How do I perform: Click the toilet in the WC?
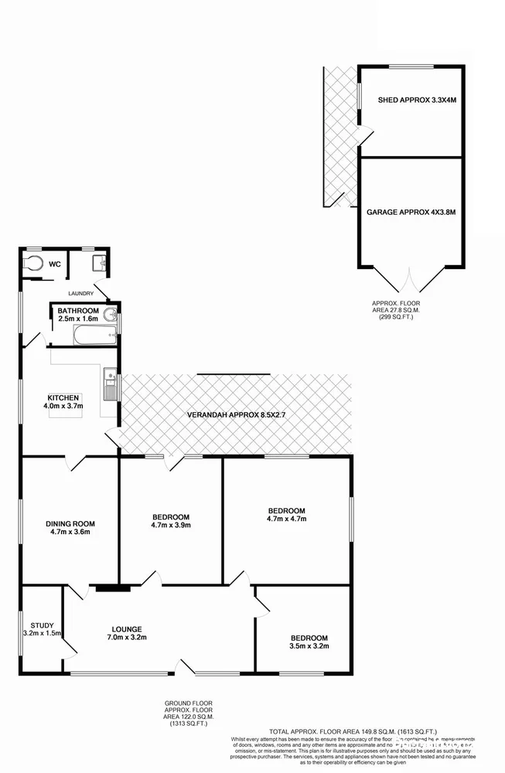point(33,264)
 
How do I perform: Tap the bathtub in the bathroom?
point(94,335)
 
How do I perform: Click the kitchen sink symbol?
point(111,384)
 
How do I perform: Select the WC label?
point(55,264)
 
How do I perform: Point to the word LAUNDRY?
point(81,294)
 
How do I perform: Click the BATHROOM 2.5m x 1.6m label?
point(78,315)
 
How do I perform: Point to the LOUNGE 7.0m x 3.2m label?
point(126,633)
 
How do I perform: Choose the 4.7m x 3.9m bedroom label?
point(171,521)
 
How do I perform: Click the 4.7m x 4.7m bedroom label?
point(287,514)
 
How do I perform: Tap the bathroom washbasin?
point(112,315)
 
